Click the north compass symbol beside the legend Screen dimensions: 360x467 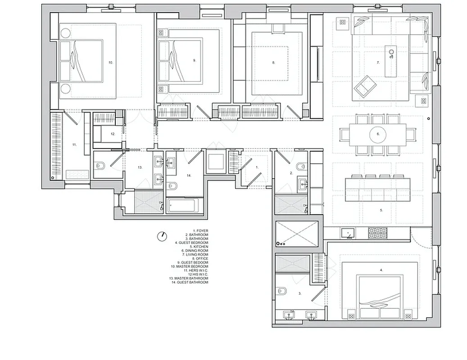(x=162, y=235)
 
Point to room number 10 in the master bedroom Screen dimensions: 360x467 (x=110, y=63)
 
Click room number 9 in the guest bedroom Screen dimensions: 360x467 (x=195, y=60)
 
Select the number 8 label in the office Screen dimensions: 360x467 (x=273, y=63)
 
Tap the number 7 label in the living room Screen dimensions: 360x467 (x=378, y=63)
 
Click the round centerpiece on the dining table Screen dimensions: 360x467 (x=377, y=134)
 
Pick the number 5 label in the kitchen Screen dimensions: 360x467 (x=381, y=210)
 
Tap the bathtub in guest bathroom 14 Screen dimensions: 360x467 (x=182, y=206)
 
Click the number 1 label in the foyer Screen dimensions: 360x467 (x=257, y=167)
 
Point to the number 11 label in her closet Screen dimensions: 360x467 (x=75, y=145)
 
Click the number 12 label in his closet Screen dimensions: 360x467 (x=113, y=134)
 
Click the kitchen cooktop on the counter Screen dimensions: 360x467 (x=377, y=233)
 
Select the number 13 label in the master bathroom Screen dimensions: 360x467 (x=140, y=167)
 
